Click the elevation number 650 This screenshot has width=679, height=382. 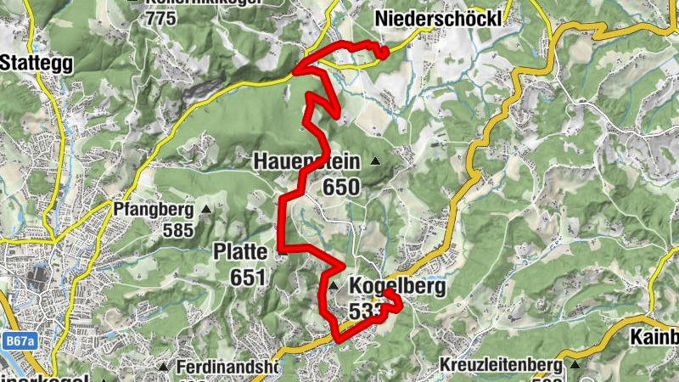point(341,186)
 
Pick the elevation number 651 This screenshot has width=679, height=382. point(247,277)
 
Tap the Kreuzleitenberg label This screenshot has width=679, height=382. point(501,366)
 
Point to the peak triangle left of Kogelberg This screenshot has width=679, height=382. point(335,285)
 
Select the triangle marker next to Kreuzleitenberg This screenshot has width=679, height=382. point(576,365)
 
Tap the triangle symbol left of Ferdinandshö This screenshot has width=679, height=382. point(163,367)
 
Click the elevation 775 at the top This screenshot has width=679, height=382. point(162,18)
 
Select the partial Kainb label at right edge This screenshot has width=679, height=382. point(654,337)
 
